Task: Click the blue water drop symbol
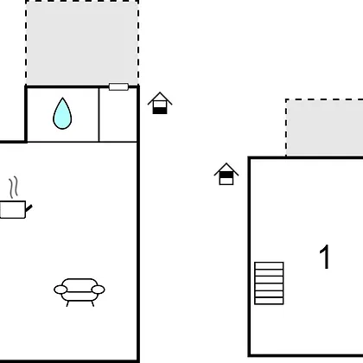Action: [62, 114]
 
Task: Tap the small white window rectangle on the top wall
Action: [118, 86]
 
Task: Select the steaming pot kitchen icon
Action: [16, 198]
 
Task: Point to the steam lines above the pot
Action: [14, 188]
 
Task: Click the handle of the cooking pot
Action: [29, 207]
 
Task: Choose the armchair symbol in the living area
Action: [80, 292]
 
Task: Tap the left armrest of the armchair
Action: [60, 290]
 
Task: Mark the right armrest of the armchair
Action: [98, 290]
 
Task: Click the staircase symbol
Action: [269, 283]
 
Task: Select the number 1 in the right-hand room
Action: [325, 257]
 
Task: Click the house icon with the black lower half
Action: [160, 103]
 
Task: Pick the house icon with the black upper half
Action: [226, 174]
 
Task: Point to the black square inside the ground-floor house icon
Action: [160, 111]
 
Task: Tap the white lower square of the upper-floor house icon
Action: [226, 181]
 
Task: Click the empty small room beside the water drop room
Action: [118, 115]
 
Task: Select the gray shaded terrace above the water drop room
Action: [82, 42]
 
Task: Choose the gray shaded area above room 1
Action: [325, 128]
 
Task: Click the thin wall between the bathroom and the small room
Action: [99, 115]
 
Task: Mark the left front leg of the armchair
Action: [67, 303]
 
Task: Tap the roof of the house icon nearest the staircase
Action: [226, 169]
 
